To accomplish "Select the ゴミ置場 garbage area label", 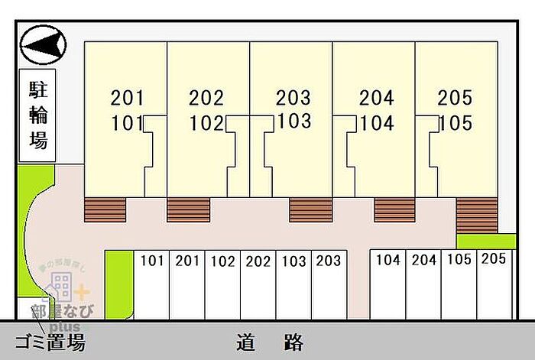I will click(x=50, y=342).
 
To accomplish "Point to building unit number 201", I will click(x=127, y=98).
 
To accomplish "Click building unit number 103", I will click(x=294, y=121).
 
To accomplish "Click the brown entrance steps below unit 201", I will click(x=105, y=209).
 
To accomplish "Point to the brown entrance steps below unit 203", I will click(x=310, y=209).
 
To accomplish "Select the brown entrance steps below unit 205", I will click(x=475, y=215).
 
